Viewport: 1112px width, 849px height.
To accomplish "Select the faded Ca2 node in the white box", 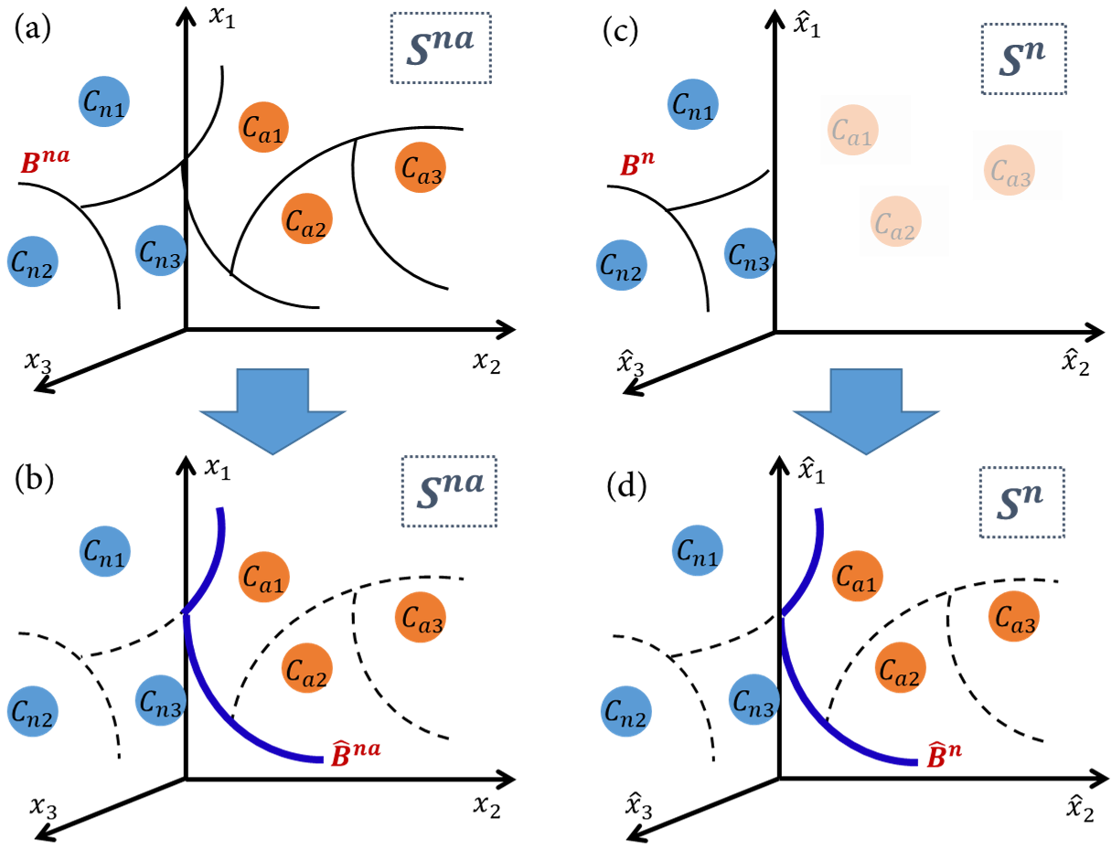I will (896, 221).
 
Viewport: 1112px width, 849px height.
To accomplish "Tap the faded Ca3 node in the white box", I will (1010, 170).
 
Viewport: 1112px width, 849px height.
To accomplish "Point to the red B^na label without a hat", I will (45, 163).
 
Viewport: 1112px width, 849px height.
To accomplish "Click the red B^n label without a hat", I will (636, 165).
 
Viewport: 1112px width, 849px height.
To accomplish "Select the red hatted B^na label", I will (355, 754).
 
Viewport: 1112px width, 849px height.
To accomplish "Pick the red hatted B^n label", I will (944, 756).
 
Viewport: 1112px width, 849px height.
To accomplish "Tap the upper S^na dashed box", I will (441, 48).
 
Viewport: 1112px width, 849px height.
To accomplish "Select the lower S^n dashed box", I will (1021, 503).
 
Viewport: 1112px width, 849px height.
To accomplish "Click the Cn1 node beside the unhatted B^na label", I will (103, 101).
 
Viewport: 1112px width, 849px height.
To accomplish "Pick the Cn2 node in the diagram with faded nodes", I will (622, 265).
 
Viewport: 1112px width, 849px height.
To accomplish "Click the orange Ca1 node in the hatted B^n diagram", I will (857, 576).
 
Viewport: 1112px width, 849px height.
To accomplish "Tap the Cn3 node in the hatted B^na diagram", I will (160, 701).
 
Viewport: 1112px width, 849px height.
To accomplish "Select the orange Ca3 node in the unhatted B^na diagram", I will (420, 168).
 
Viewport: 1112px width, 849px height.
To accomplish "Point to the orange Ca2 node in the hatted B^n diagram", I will (900, 668).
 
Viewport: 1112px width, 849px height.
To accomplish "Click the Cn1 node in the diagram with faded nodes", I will (693, 105).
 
